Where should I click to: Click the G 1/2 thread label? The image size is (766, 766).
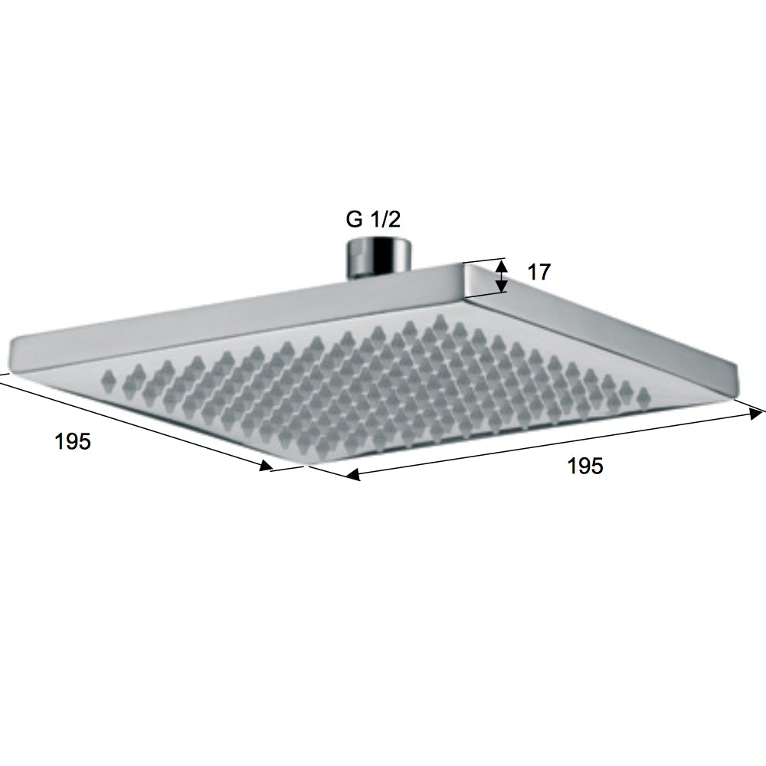pyautogui.click(x=373, y=220)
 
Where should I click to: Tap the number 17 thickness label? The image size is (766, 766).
pyautogui.click(x=538, y=272)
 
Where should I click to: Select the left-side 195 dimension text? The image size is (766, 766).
pyautogui.click(x=74, y=442)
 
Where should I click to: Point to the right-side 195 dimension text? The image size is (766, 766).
pyautogui.click(x=585, y=466)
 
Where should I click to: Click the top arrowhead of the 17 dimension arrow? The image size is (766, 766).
pyautogui.click(x=501, y=265)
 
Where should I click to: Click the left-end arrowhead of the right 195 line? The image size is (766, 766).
pyautogui.click(x=352, y=476)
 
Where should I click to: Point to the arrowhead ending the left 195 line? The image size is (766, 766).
pyautogui.click(x=266, y=466)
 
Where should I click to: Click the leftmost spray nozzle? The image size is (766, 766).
pyautogui.click(x=108, y=377)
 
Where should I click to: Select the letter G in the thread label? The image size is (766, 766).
pyautogui.click(x=354, y=220)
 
